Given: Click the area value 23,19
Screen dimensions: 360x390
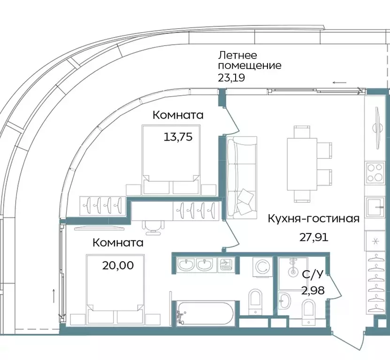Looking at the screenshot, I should (x=231, y=78).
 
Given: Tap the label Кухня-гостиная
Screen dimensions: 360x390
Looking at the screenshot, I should (x=314, y=218).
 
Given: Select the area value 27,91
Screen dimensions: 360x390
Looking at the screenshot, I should (x=314, y=236).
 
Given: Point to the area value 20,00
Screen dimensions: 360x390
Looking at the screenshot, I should (x=118, y=265).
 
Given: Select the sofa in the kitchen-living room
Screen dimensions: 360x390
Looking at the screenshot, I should (x=241, y=178).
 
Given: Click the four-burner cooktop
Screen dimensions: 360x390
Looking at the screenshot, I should (x=375, y=173).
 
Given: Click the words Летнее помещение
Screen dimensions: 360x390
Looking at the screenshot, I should (x=249, y=60).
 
